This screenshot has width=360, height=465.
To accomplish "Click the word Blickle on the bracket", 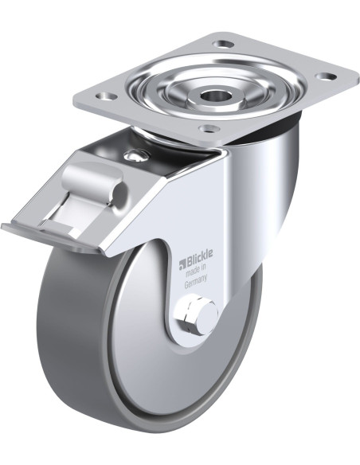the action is coord(199,254).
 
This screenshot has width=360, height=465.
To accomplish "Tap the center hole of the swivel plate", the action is coord(213,95).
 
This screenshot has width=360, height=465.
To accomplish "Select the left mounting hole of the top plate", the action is coord(107,96).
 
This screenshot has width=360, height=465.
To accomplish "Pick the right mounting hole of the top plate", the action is coord(326,76).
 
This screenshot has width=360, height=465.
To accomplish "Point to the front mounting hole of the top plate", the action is coord(209,128).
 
